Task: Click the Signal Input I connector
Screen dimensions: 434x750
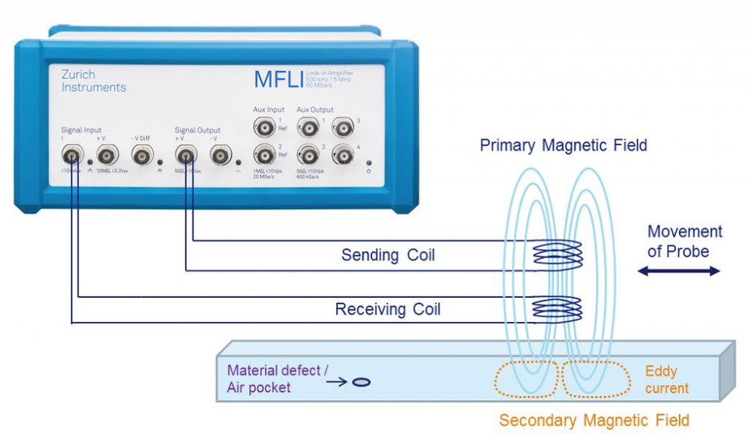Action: tap(72, 154)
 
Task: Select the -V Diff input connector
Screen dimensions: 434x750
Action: tap(142, 154)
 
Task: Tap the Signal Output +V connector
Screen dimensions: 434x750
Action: tap(184, 154)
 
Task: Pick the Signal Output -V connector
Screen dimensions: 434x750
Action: tap(220, 154)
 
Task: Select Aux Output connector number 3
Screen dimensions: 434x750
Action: tap(343, 129)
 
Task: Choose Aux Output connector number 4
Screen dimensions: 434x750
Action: tap(343, 154)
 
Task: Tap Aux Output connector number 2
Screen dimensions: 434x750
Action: tap(308, 154)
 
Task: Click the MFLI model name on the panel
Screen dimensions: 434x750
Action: tap(278, 79)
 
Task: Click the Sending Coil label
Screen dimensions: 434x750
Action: tap(388, 255)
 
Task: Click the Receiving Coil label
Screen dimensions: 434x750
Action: tap(387, 310)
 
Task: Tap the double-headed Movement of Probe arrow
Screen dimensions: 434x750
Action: tap(679, 271)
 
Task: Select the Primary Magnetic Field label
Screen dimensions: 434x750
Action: tap(563, 145)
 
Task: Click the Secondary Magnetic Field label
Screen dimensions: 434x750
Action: tap(594, 420)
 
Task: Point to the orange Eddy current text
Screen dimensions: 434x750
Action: tap(666, 379)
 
